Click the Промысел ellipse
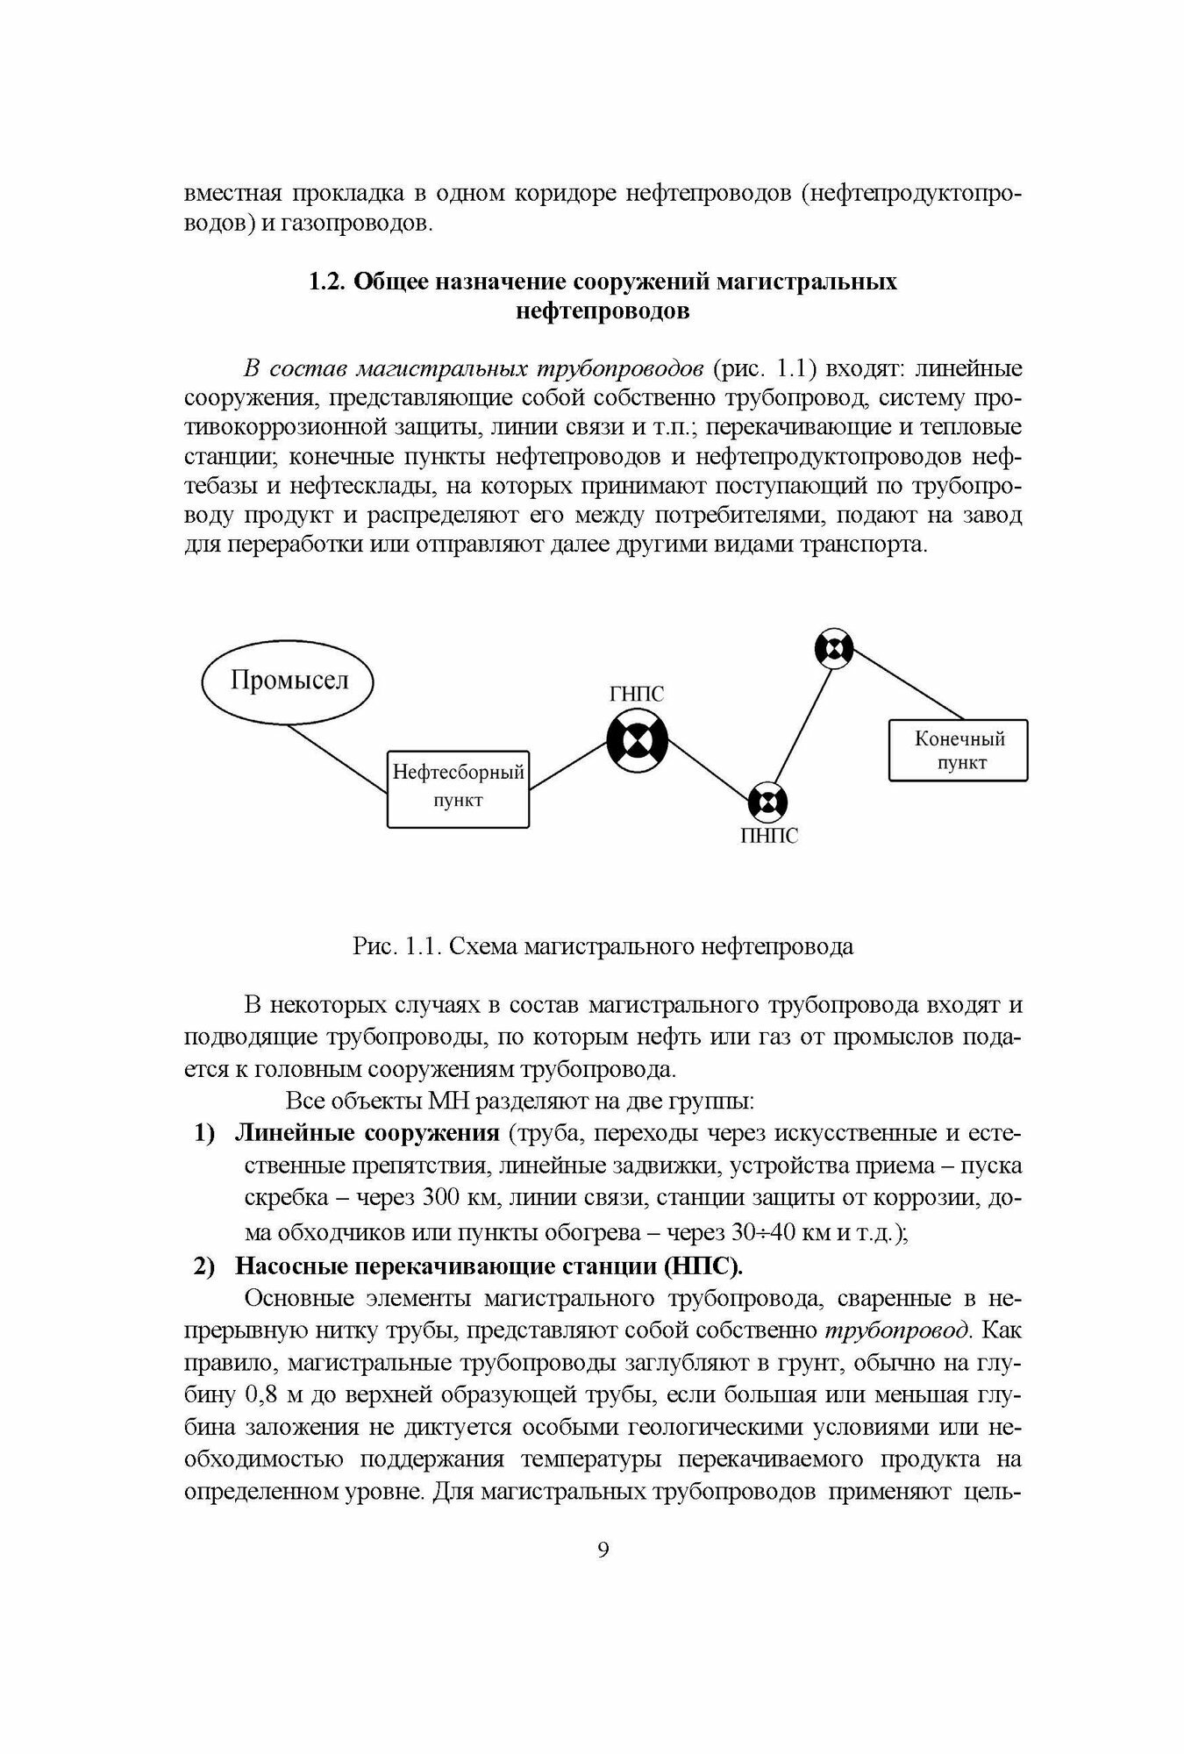[288, 681]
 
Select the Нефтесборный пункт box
[458, 787]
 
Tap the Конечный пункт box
[958, 750]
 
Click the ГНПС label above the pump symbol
[637, 695]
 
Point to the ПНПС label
[769, 836]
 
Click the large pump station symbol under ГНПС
[638, 741]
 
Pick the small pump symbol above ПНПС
[767, 801]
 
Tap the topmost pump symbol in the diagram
[832, 649]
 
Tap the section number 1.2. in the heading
[327, 282]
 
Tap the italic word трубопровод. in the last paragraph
[896, 1330]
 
